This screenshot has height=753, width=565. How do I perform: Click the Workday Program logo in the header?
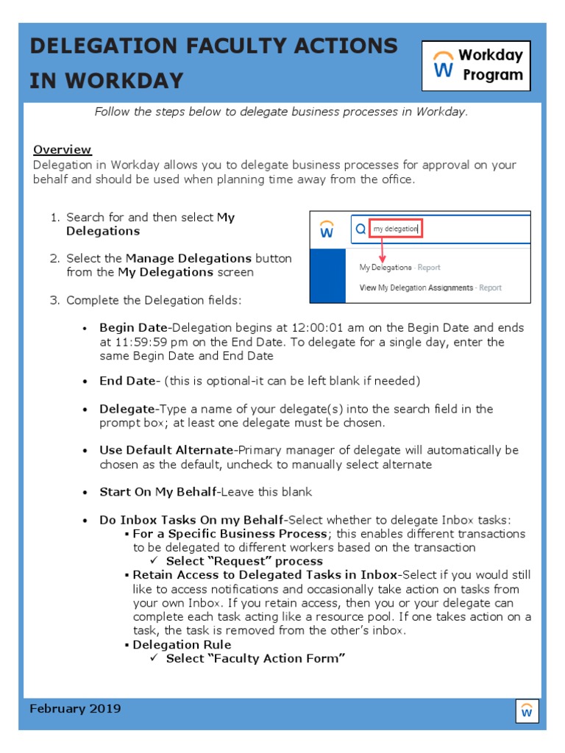click(x=476, y=65)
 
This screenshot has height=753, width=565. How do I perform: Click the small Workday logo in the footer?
click(x=527, y=711)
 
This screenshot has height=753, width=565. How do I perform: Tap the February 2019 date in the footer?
click(x=75, y=709)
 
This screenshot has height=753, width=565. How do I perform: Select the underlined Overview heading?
click(x=62, y=149)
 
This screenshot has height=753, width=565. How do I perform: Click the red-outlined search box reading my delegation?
click(x=395, y=229)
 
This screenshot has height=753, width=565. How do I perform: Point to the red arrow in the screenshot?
click(x=382, y=249)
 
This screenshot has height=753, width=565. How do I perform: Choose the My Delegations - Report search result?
click(x=399, y=268)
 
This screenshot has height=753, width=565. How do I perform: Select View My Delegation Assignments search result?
click(x=430, y=288)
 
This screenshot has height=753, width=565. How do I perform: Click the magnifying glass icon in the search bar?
click(x=360, y=229)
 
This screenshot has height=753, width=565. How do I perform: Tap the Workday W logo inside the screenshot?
click(x=327, y=230)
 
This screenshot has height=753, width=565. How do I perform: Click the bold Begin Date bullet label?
click(x=134, y=328)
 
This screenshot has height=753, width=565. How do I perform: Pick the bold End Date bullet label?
click(x=129, y=381)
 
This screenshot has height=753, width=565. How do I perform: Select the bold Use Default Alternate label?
click(x=166, y=450)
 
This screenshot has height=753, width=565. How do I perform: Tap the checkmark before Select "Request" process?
click(x=154, y=561)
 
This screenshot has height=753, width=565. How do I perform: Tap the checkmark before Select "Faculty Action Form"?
click(x=154, y=658)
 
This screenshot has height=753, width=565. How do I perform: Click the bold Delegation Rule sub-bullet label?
click(x=182, y=645)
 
